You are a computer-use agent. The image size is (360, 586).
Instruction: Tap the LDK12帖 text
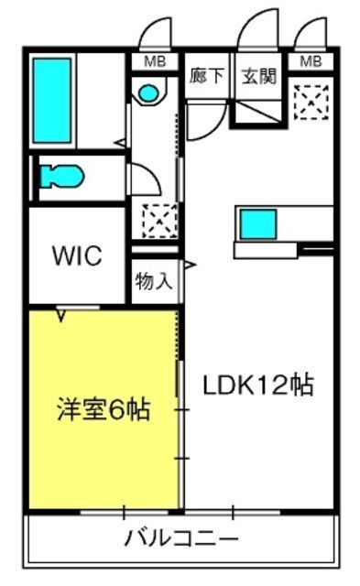[257, 385]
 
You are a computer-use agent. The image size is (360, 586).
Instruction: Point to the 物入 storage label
[153, 280]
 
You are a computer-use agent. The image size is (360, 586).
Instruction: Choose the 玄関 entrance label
[257, 76]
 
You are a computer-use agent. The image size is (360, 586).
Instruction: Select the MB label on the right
[311, 61]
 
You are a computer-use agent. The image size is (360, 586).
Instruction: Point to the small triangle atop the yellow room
[62, 317]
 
